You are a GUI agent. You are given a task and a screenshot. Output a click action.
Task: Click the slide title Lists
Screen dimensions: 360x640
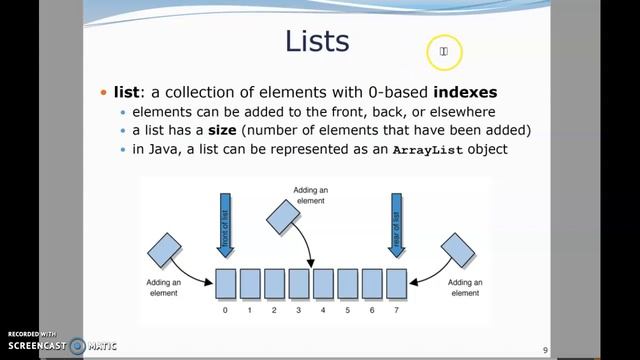click(x=317, y=41)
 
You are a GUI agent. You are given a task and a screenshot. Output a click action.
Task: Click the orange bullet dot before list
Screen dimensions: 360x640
click(x=103, y=92)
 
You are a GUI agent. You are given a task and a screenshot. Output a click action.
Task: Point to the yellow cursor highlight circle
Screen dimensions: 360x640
click(x=444, y=51)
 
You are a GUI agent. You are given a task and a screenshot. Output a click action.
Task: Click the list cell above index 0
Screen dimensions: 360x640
click(x=225, y=284)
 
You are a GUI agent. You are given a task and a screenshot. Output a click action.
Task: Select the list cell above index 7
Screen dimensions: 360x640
click(x=396, y=284)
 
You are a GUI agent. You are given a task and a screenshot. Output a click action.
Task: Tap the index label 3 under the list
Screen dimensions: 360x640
click(x=298, y=311)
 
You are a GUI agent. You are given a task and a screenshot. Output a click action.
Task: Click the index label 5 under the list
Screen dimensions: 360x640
click(x=347, y=311)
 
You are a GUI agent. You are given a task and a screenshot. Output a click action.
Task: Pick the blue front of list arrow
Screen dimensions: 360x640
click(x=225, y=226)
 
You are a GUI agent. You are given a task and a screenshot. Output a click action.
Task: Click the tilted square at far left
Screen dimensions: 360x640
click(x=163, y=249)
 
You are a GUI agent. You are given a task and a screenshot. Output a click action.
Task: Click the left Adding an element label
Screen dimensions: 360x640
click(x=163, y=287)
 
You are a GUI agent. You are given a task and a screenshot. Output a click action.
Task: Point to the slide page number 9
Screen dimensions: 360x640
click(x=545, y=349)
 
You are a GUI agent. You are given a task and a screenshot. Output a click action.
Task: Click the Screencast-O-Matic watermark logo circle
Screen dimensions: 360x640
click(x=77, y=346)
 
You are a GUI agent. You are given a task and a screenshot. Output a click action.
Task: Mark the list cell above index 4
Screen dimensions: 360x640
click(x=322, y=284)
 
